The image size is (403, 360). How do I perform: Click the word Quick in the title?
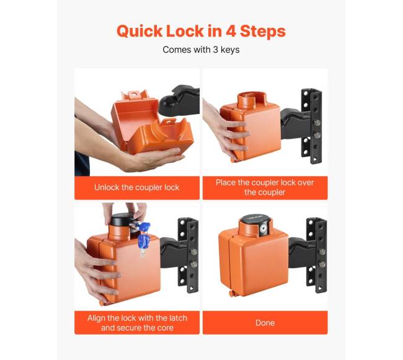click(139, 32)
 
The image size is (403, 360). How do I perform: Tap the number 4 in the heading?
click(231, 31)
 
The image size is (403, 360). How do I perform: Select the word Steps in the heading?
click(263, 32)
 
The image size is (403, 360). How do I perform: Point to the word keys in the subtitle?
click(230, 50)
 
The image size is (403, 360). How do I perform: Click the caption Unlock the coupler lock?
click(136, 188)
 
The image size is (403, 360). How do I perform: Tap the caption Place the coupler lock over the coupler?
click(265, 188)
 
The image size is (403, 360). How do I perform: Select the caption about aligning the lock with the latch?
click(137, 323)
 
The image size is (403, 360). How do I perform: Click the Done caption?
click(265, 323)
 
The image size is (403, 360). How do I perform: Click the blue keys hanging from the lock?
click(143, 237)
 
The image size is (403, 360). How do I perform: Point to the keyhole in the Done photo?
click(263, 228)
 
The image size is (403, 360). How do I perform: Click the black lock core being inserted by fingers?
click(122, 219)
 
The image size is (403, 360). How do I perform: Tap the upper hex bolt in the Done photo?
click(322, 252)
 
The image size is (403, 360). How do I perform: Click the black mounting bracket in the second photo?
click(311, 126)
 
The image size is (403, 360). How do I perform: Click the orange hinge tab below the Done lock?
click(232, 294)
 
